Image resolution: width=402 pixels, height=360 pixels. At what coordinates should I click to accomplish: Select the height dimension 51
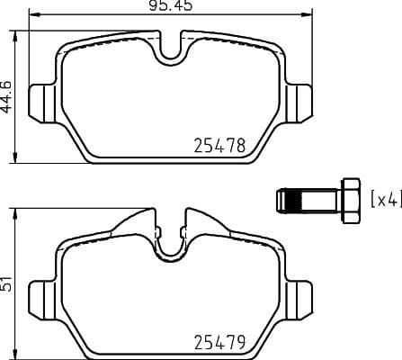7,281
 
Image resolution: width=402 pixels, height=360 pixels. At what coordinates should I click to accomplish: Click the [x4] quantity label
386,199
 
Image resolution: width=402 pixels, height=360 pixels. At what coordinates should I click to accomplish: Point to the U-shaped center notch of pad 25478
170,52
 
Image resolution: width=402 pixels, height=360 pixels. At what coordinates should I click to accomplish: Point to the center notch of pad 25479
170,245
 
